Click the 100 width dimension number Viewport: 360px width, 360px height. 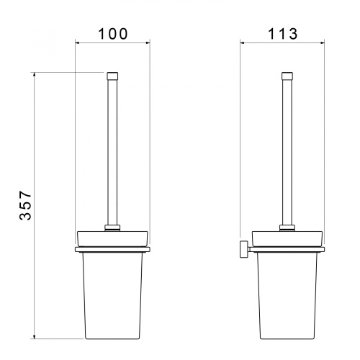coord(113,34)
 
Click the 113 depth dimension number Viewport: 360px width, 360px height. coord(282,34)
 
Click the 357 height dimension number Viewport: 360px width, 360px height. coord(25,205)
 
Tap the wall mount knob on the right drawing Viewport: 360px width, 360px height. coord(244,249)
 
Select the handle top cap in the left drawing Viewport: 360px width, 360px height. coord(112,76)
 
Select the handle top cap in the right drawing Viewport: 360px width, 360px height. coord(287,76)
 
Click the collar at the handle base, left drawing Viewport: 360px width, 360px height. coord(112,228)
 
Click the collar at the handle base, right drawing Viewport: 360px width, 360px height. coord(287,228)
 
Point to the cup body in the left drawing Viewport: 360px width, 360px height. coord(112,295)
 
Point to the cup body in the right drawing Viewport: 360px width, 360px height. coord(287,295)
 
